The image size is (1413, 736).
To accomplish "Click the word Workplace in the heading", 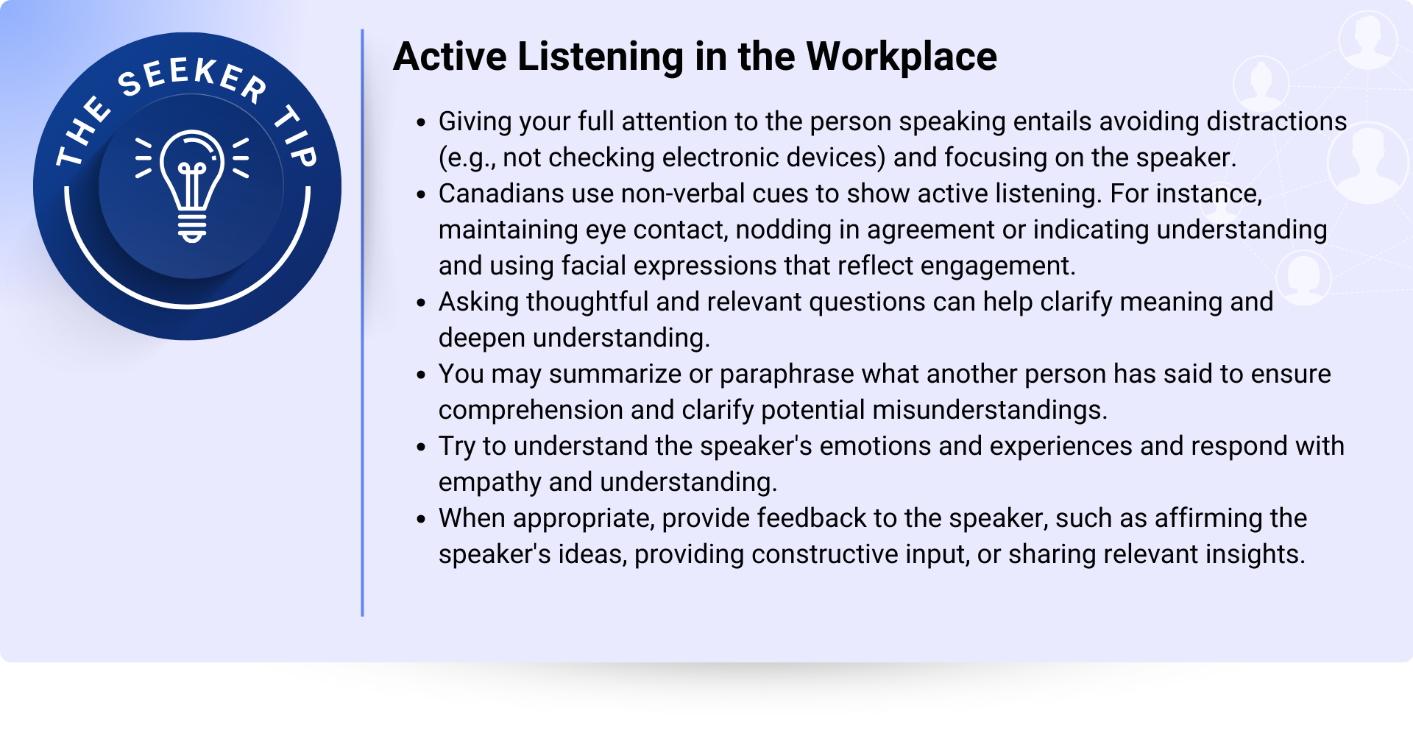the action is (902, 57).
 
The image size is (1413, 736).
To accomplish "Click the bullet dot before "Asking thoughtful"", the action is (421, 303).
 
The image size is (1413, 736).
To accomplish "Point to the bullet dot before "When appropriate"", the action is (421, 520).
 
